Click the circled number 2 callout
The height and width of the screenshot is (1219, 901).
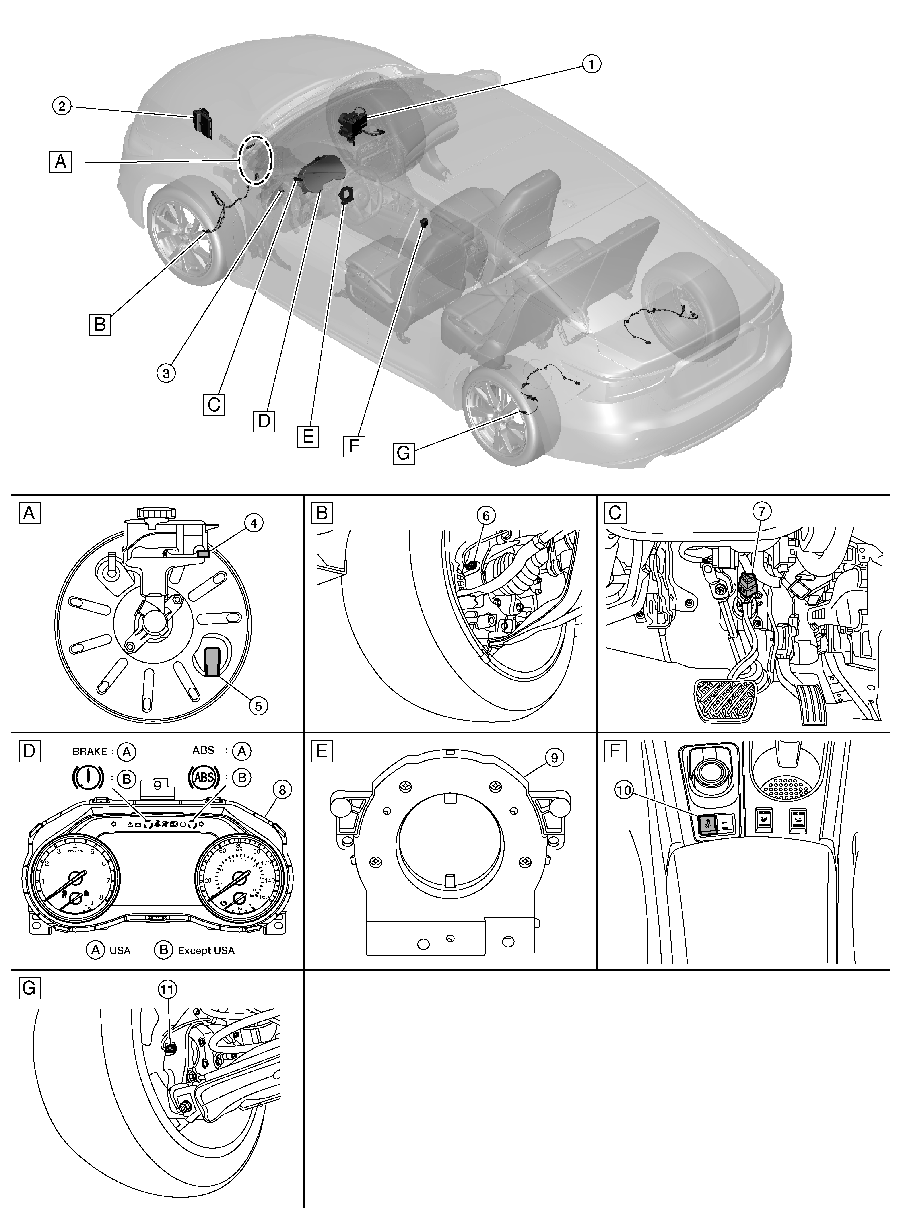click(62, 106)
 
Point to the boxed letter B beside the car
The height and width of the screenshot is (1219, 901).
click(100, 324)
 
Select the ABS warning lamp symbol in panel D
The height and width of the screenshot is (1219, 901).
click(203, 776)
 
